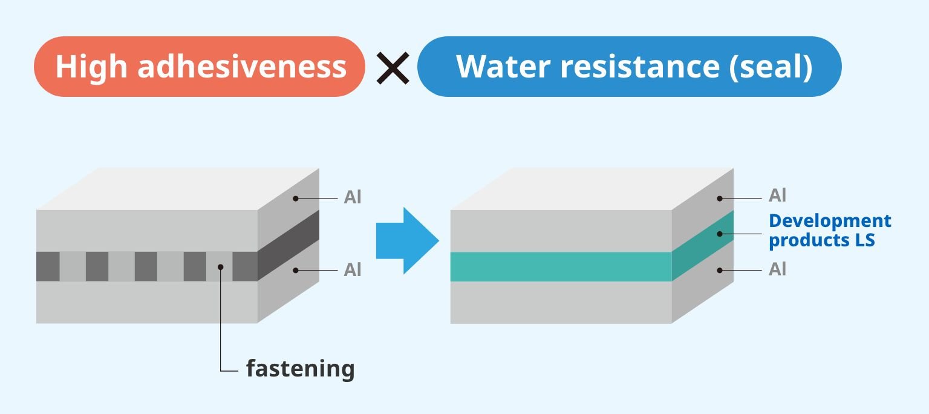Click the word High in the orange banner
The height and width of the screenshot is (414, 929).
click(91, 67)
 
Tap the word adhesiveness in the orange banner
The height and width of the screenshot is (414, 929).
click(241, 67)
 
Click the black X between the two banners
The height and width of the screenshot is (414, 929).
click(392, 67)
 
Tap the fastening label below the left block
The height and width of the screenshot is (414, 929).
click(300, 368)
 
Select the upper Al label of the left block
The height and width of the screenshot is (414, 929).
click(353, 198)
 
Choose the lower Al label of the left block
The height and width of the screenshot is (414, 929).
click(353, 270)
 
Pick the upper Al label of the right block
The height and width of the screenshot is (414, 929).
click(777, 196)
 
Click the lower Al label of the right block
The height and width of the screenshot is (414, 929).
click(777, 269)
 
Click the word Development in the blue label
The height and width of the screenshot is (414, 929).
click(830, 221)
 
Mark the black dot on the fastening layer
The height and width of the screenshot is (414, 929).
click(221, 266)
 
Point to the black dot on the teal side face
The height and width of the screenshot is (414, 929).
click(719, 234)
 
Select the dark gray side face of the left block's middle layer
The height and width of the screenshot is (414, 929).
click(288, 245)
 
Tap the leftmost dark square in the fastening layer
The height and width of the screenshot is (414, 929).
click(48, 266)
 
